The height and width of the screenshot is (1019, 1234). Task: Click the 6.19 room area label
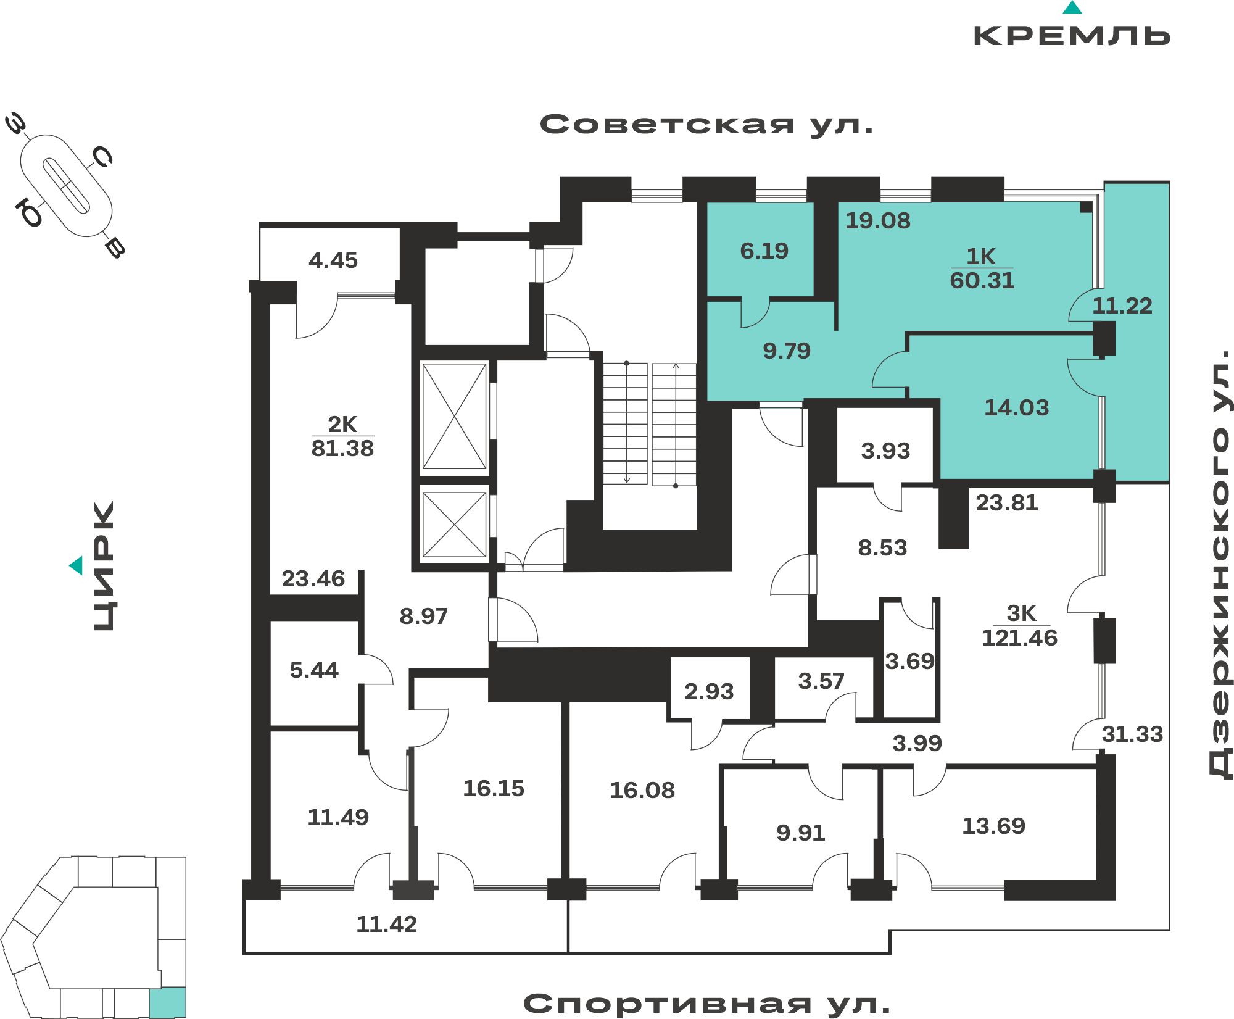click(x=764, y=251)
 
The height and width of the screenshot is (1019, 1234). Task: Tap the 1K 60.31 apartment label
click(x=982, y=268)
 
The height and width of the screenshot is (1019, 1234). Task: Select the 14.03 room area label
click(x=1016, y=407)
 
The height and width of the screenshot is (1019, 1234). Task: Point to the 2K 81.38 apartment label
click(x=342, y=436)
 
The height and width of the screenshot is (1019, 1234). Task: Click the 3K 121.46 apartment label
click(x=1019, y=626)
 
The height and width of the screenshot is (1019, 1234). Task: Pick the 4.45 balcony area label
click(x=333, y=260)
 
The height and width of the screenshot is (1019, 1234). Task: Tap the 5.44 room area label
click(x=314, y=670)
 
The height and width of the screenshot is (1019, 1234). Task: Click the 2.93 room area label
click(x=709, y=691)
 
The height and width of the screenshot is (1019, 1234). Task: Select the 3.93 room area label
click(x=885, y=451)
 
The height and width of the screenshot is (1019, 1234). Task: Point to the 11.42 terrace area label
click(x=387, y=924)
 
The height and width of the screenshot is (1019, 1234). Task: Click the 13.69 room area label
click(x=993, y=826)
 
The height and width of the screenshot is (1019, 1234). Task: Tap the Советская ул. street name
click(x=706, y=125)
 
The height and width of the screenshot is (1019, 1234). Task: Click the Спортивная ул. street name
click(x=707, y=1004)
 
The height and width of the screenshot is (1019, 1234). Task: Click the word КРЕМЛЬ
click(x=1072, y=36)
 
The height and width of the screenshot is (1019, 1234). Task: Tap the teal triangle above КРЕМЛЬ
click(x=1072, y=7)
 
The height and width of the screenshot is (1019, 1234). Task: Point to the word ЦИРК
click(x=104, y=566)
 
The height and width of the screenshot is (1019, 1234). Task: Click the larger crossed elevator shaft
click(x=455, y=417)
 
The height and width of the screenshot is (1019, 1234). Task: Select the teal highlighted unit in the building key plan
click(x=168, y=1002)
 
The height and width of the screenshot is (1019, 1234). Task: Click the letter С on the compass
click(x=101, y=157)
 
